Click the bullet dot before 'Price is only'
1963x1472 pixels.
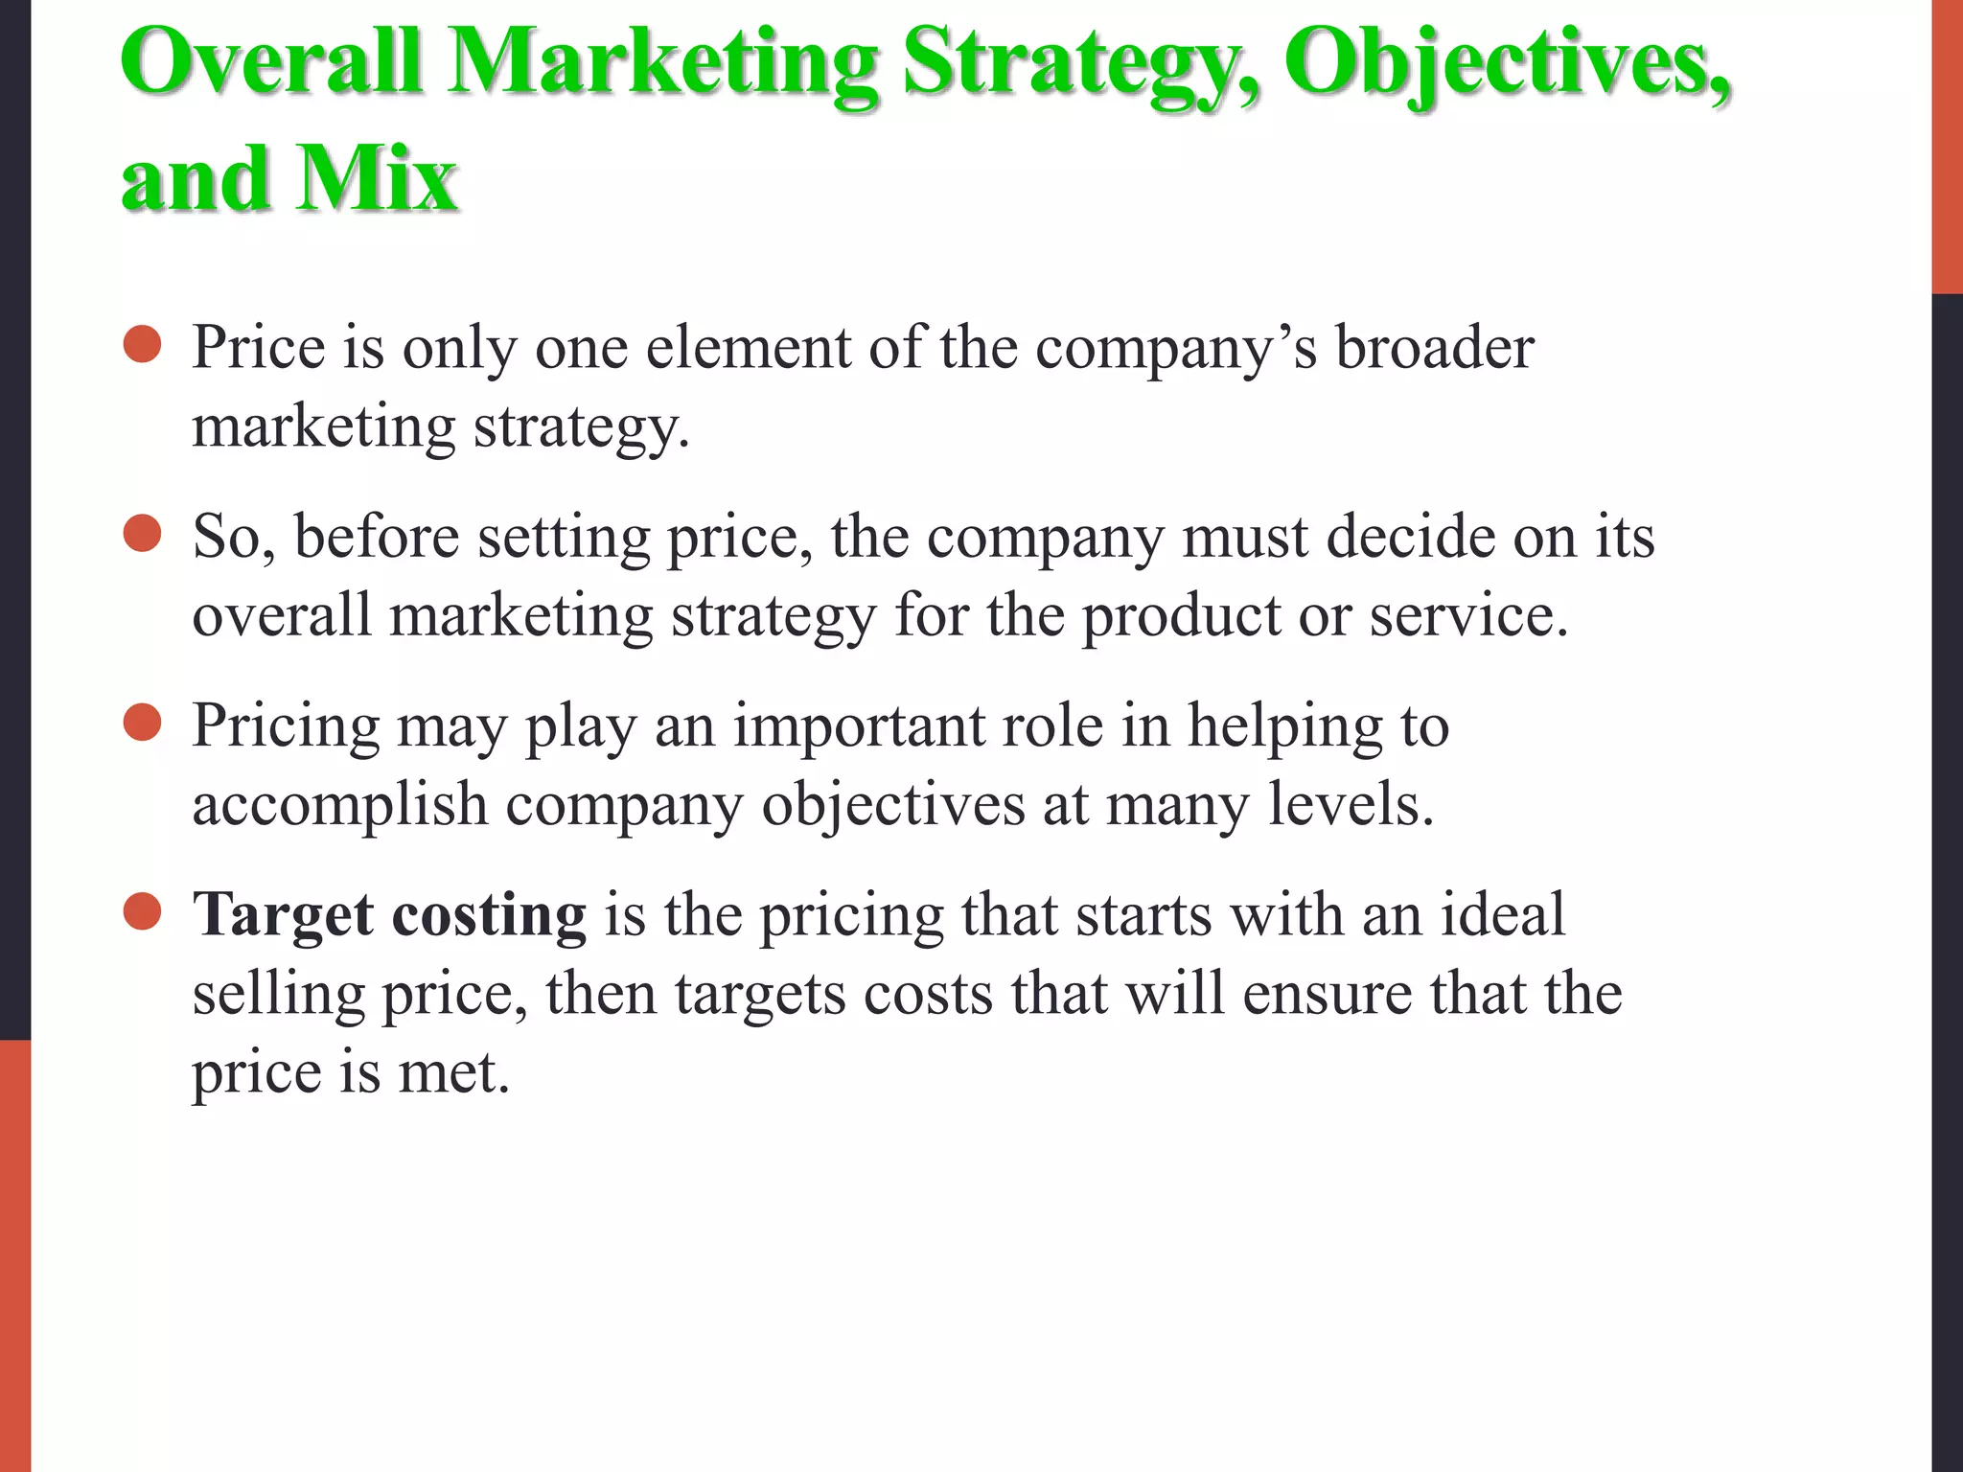tap(143, 344)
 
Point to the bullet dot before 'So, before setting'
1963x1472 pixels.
tap(143, 534)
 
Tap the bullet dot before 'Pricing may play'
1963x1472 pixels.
tap(143, 723)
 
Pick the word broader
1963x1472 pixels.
tap(1434, 346)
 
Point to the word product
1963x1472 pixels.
tap(1181, 614)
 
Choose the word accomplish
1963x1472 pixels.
tap(340, 804)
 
